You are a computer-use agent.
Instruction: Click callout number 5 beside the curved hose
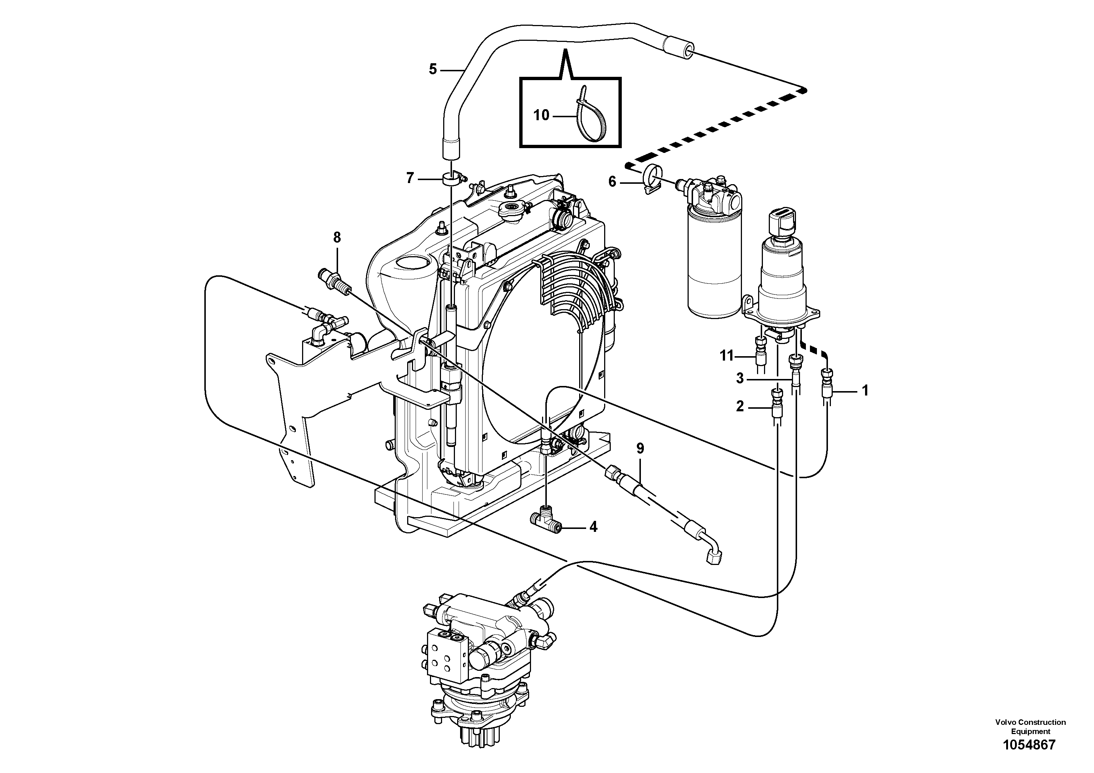pos(433,69)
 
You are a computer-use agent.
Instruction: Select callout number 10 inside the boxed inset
pos(541,115)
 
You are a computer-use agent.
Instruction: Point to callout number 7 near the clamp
pos(410,179)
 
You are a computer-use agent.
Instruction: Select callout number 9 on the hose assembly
pos(640,448)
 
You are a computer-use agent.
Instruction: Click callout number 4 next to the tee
pos(593,527)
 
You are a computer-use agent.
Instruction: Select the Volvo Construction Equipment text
pos(1030,727)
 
